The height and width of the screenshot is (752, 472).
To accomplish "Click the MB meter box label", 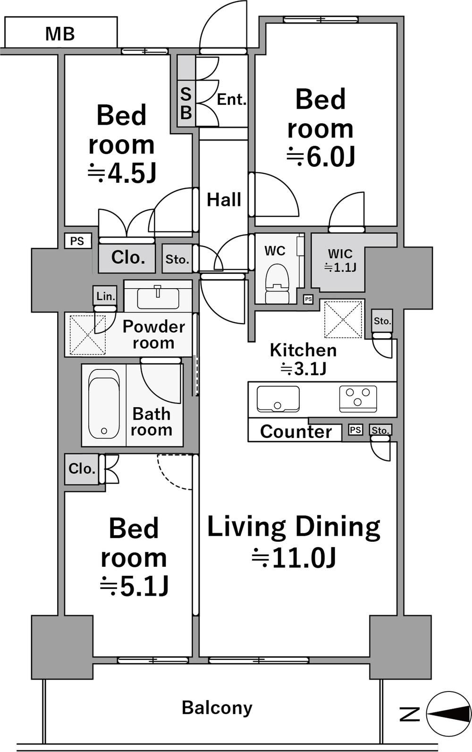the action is (x=60, y=34).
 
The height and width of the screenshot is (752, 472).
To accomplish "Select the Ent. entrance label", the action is (x=231, y=100).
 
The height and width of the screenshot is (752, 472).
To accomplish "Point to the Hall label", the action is (x=224, y=199).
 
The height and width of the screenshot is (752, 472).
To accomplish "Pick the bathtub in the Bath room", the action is (x=104, y=404).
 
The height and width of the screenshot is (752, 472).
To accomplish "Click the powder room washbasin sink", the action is (x=158, y=298).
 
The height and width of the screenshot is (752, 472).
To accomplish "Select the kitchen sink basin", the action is (x=278, y=399).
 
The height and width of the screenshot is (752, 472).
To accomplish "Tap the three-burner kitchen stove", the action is (x=358, y=399).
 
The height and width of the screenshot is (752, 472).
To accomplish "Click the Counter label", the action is (x=296, y=431).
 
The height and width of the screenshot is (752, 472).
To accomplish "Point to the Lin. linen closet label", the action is (x=106, y=296).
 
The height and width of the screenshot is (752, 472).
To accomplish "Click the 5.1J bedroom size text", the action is (x=134, y=587).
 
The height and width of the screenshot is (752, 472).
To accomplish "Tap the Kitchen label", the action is (x=303, y=350).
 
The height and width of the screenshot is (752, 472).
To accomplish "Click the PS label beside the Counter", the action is (x=355, y=430).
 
